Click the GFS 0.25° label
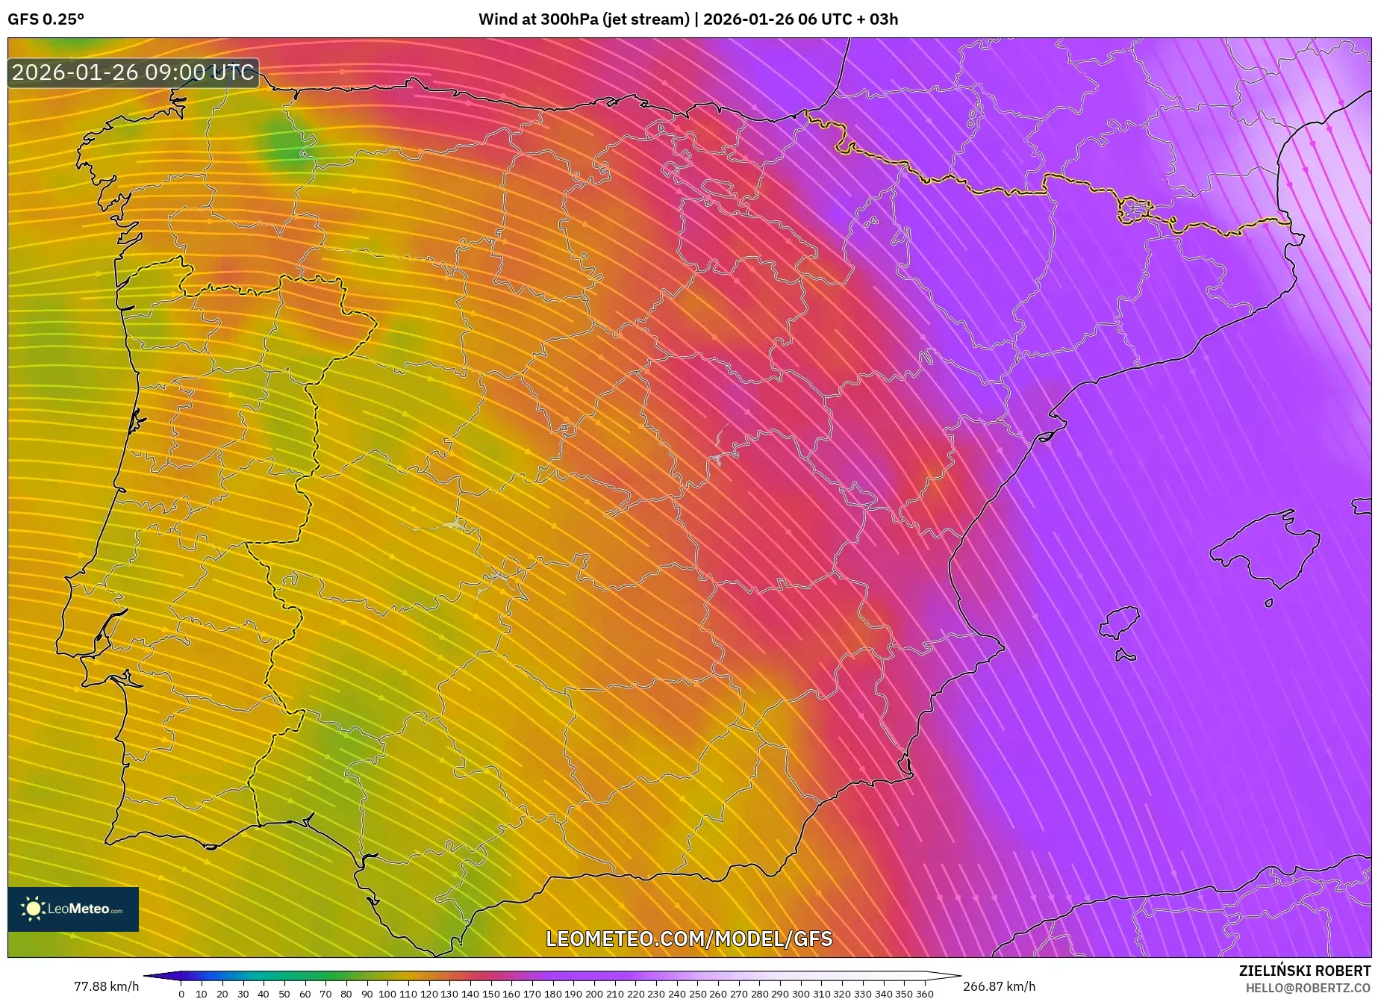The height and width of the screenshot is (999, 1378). point(46,19)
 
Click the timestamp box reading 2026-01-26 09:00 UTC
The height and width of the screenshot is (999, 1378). point(134,72)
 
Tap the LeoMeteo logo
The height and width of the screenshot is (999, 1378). point(73,909)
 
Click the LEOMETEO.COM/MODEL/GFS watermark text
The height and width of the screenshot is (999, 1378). point(688,939)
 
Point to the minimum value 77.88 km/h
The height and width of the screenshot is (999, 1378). point(106,986)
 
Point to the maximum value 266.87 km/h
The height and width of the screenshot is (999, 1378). point(999,986)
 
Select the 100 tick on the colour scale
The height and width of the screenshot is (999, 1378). point(387,993)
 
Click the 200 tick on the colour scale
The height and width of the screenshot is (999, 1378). point(593,993)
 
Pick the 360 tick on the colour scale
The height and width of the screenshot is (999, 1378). point(924,993)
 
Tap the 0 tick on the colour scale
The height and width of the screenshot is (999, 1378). point(181,993)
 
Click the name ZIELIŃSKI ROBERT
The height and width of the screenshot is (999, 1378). point(1305,971)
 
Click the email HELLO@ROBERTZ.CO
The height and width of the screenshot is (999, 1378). point(1308,988)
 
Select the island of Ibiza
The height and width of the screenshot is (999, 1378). point(1120,623)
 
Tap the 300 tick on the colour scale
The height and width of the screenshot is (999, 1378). point(800,993)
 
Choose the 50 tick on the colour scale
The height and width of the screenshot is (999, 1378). point(284,993)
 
